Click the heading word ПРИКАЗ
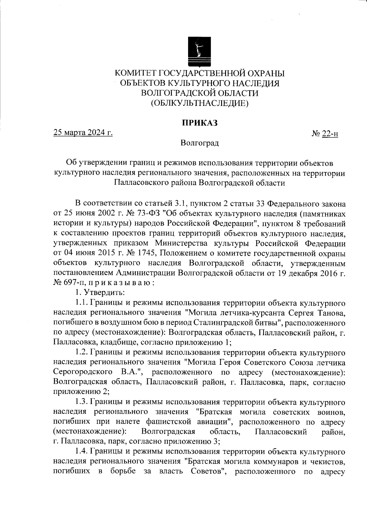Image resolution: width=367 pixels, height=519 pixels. tap(200, 123)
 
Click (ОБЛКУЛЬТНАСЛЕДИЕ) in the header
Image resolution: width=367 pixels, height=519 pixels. tap(200, 103)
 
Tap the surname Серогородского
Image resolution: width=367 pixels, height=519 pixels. tap(82, 372)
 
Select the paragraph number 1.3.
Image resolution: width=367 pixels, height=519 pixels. tap(82, 402)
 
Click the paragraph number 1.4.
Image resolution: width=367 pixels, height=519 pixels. tap(82, 452)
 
